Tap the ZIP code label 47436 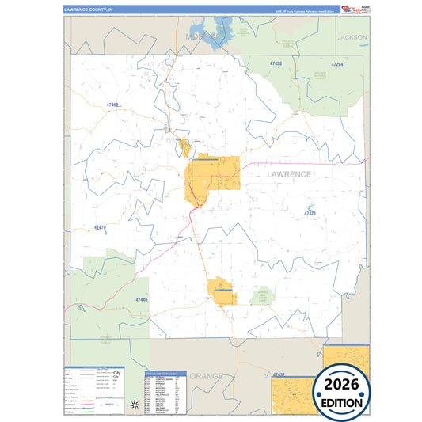pyautogui.click(x=276, y=63)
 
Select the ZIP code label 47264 pyautogui.click(x=337, y=63)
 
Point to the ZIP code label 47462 pyautogui.click(x=110, y=105)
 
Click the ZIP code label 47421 pyautogui.click(x=310, y=213)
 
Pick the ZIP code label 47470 pyautogui.click(x=100, y=228)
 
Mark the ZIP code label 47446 pyautogui.click(x=142, y=300)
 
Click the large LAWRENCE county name pyautogui.click(x=278, y=173)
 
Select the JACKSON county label pyautogui.click(x=352, y=37)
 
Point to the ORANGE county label pyautogui.click(x=205, y=375)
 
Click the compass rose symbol pyautogui.click(x=135, y=406)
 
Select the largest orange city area pyautogui.click(x=212, y=179)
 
